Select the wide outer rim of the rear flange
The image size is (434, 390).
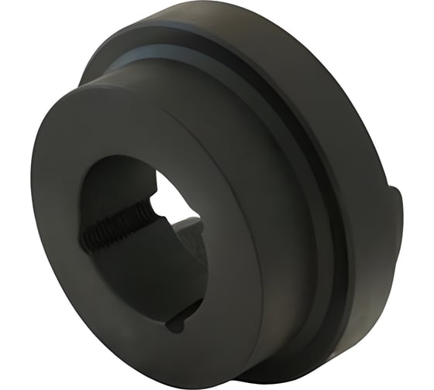tap(341, 116)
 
